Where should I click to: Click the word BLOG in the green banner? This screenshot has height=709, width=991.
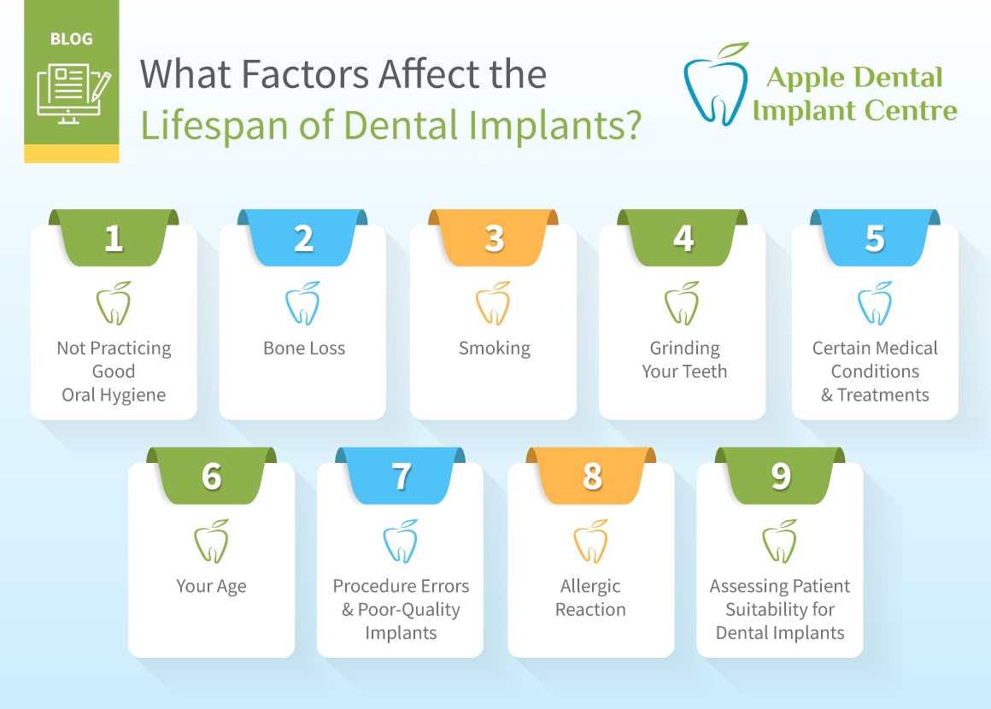[x=72, y=39]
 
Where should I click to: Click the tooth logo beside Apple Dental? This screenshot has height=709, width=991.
[x=717, y=84]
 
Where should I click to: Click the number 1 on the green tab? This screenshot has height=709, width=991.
[x=114, y=238]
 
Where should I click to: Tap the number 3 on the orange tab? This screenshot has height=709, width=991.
[x=495, y=238]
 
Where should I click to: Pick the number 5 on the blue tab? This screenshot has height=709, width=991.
[x=875, y=238]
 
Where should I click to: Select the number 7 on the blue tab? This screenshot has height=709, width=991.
[x=402, y=477]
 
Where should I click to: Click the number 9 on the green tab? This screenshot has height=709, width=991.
[x=781, y=477]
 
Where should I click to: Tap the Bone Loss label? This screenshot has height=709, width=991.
[x=304, y=349]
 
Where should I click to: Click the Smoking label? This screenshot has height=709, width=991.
[x=495, y=349]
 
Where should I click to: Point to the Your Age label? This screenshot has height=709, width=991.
[x=211, y=586]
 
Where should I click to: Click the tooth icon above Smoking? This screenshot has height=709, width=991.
[x=493, y=303]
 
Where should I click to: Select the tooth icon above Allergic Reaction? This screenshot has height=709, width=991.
[x=591, y=542]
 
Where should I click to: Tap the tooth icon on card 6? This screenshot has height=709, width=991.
[x=211, y=542]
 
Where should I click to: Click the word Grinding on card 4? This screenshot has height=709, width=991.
[x=684, y=349]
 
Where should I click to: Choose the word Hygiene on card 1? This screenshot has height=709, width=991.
[x=133, y=396]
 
